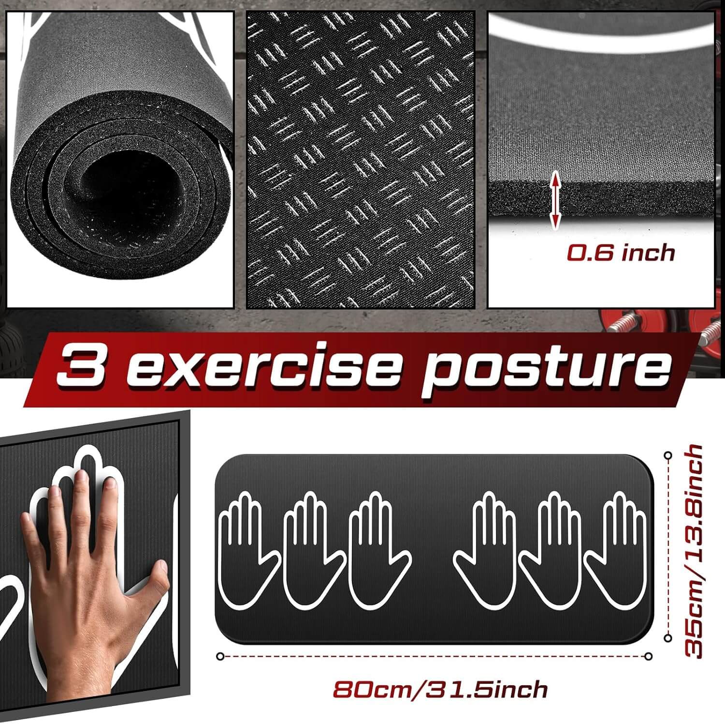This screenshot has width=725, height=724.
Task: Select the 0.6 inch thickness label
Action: point(621,253)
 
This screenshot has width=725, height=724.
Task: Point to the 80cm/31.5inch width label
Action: point(440,689)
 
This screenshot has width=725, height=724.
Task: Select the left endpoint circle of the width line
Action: point(220,656)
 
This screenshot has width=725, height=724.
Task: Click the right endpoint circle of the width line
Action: point(648,656)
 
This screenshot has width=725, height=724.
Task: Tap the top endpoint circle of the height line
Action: point(668,455)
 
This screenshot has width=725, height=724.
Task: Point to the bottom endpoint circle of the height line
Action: point(668,638)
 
